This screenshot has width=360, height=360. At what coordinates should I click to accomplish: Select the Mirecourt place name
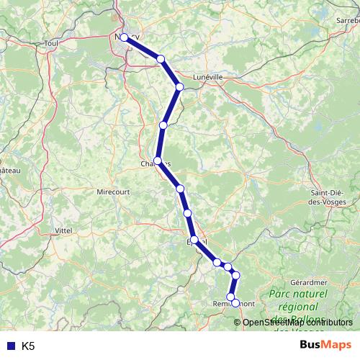pyautogui.click(x=113, y=192)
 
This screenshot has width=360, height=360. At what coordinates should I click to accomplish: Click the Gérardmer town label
pyautogui.click(x=310, y=283)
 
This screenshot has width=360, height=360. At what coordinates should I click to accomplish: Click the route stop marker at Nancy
pyautogui.click(x=125, y=37)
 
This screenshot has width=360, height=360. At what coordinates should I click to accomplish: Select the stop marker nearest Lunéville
pyautogui.click(x=180, y=86)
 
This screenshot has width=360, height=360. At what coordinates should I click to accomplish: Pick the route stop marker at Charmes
pyautogui.click(x=158, y=161)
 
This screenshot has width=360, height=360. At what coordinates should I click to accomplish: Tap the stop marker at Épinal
pyautogui.click(x=194, y=240)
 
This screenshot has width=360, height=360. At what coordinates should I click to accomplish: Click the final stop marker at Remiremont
pyautogui.click(x=235, y=304)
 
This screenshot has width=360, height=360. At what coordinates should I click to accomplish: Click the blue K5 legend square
pyautogui.click(x=9, y=346)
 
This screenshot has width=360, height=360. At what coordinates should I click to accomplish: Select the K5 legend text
pyautogui.click(x=28, y=346)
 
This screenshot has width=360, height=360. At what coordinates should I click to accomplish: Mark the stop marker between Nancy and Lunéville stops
pyautogui.click(x=161, y=59)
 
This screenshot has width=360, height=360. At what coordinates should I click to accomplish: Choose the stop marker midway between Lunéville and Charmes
pyautogui.click(x=163, y=125)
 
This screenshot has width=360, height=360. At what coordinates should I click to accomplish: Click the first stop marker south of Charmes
pyautogui.click(x=180, y=189)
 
